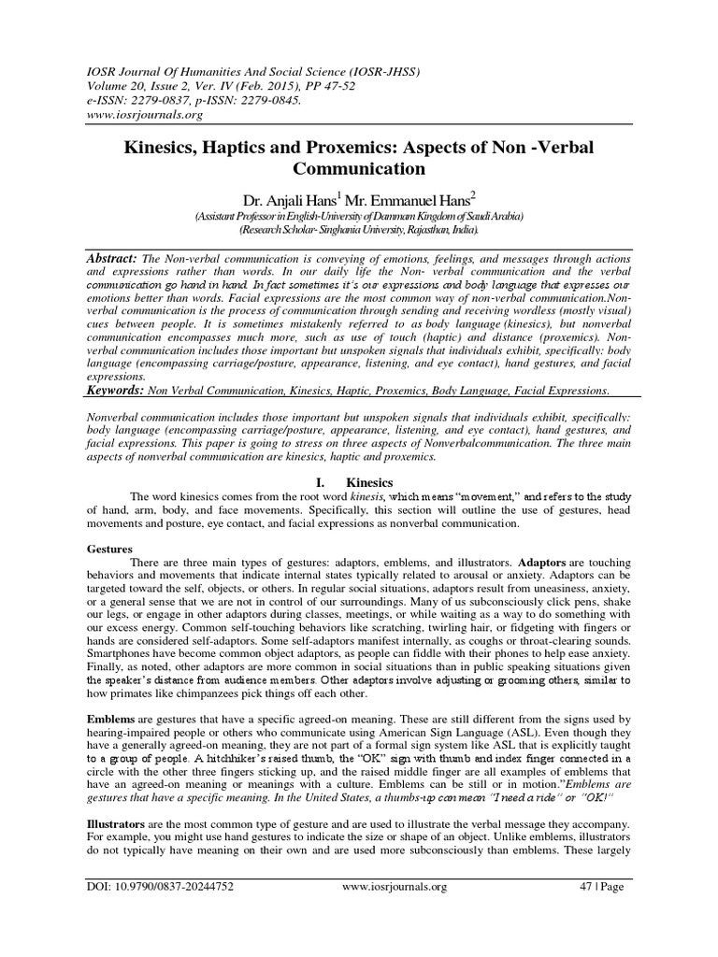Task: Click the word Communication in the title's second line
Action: pos(360,170)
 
